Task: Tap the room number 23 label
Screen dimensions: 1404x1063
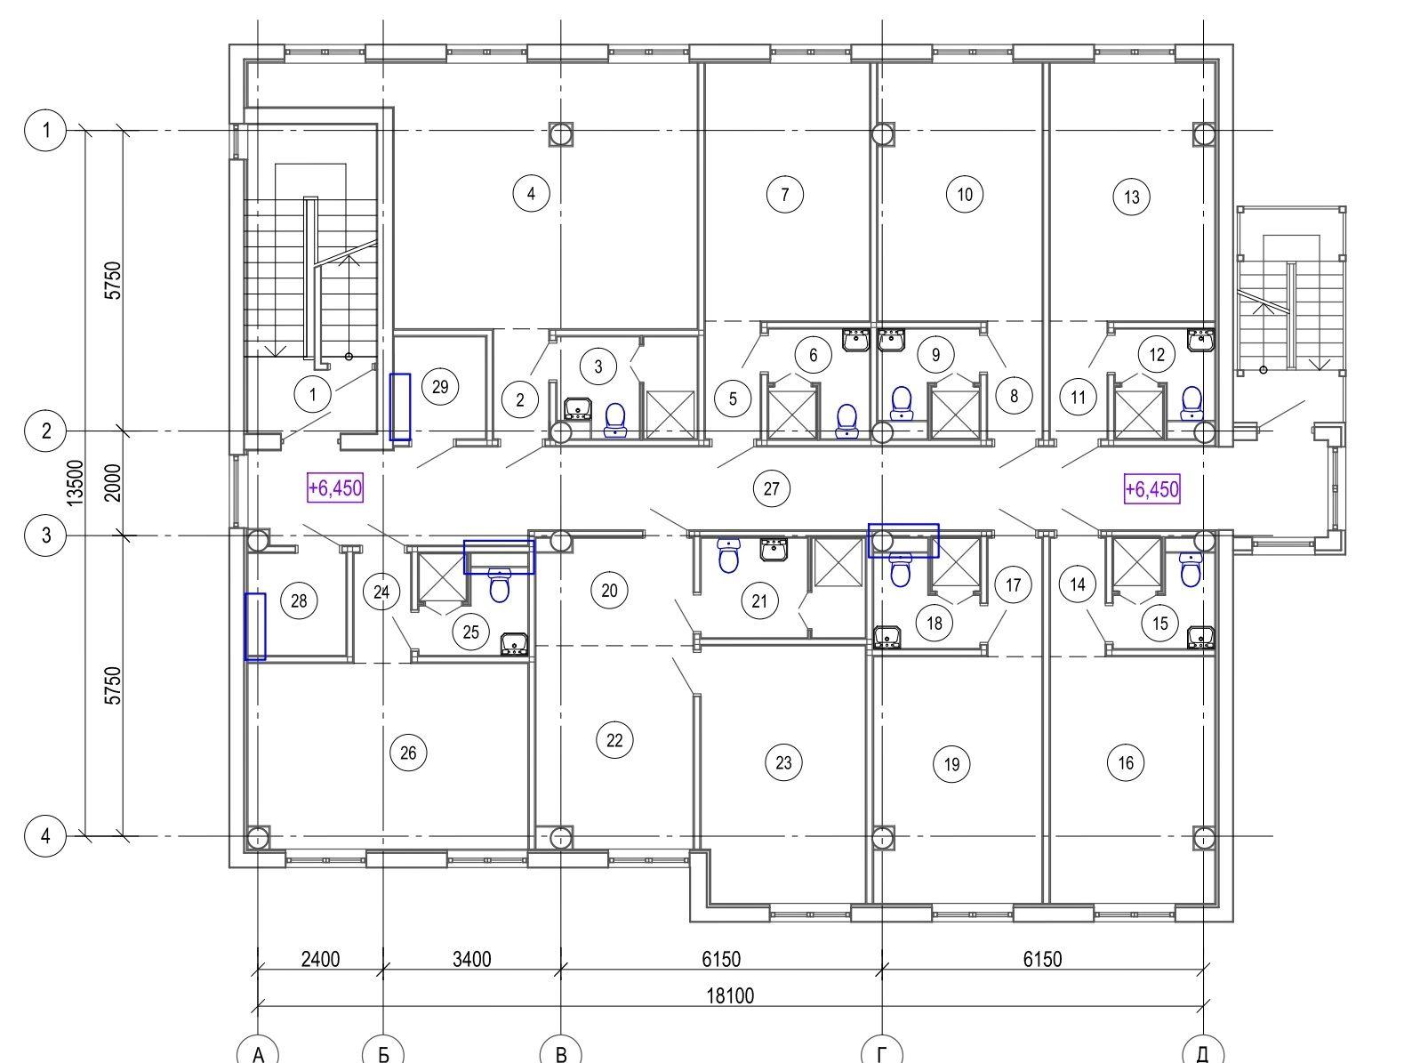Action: tap(783, 762)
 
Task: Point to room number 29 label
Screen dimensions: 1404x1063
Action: tap(440, 387)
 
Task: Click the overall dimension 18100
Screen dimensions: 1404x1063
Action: tap(730, 995)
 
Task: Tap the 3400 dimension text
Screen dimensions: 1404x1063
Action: tap(471, 960)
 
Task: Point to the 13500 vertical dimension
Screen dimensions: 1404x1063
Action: tap(76, 483)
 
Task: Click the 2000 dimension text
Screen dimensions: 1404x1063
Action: tap(113, 483)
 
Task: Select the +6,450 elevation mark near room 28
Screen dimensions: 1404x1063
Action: tap(335, 488)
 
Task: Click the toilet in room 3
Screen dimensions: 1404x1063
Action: tap(615, 420)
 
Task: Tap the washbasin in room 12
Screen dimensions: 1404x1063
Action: tap(1200, 340)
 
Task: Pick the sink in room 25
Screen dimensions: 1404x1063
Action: tap(513, 644)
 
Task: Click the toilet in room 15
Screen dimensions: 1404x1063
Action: tap(1191, 569)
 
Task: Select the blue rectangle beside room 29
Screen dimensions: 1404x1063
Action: tap(400, 407)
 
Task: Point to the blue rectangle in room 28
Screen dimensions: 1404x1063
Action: tap(255, 627)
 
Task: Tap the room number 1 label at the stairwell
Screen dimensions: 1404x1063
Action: tap(313, 394)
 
